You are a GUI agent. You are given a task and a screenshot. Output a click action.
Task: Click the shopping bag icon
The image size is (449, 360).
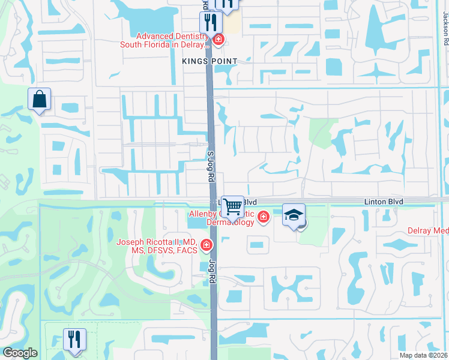tap(39, 99)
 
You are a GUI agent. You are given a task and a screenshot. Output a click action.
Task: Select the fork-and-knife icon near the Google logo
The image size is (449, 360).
tap(74, 339)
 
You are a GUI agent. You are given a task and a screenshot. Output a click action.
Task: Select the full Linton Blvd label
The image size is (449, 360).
tap(384, 202)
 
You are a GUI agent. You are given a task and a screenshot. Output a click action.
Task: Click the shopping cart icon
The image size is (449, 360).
tap(232, 206)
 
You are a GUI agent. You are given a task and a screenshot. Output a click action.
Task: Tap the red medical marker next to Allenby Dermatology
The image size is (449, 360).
tap(263, 217)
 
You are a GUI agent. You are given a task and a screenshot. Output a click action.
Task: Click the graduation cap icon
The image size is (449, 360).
tap(294, 215)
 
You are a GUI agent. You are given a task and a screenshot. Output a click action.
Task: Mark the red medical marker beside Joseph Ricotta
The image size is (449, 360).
tap(206, 245)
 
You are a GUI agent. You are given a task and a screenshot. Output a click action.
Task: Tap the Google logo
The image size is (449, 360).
tap(20, 352)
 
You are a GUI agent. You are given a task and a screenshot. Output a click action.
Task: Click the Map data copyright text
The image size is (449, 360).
tap(423, 355)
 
